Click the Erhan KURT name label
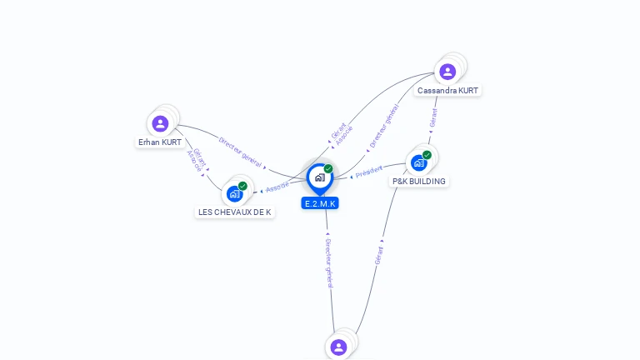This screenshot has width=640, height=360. (x=160, y=142)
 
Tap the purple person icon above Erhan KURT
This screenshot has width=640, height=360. (x=161, y=123)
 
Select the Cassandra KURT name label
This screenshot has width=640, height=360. (x=448, y=90)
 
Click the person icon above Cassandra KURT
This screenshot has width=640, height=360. (x=447, y=72)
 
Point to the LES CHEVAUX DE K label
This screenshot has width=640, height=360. (x=235, y=212)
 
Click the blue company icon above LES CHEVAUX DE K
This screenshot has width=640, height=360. (x=234, y=194)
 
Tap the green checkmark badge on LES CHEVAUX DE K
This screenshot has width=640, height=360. (x=242, y=186)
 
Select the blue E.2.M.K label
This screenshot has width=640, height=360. (x=320, y=203)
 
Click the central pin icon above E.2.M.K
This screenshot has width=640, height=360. (x=319, y=177)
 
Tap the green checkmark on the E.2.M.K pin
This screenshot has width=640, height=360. (x=328, y=168)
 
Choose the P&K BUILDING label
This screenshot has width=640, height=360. (x=419, y=182)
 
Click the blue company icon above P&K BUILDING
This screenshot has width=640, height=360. (x=418, y=162)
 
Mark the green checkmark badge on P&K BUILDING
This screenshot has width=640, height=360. (x=427, y=155)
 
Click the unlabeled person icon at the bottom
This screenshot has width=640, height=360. (x=338, y=347)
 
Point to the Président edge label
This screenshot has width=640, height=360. (x=369, y=172)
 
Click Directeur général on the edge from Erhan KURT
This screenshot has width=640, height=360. (x=240, y=152)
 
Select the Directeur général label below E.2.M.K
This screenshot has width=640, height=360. (x=328, y=262)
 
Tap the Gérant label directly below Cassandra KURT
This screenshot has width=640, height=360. (x=433, y=117)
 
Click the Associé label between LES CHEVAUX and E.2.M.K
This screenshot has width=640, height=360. (x=277, y=186)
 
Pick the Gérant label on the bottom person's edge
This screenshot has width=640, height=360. (x=379, y=255)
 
